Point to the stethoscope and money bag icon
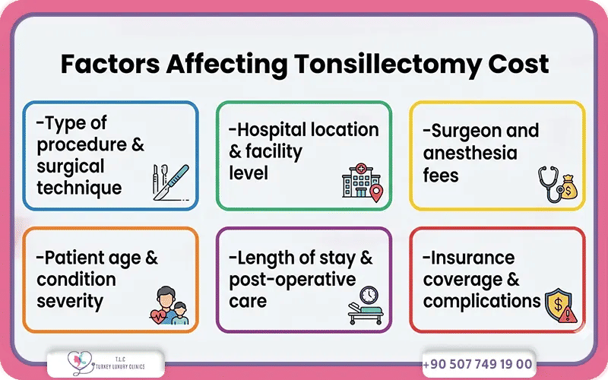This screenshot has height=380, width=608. coord(556,185)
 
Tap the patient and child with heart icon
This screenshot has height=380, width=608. coord(168,306)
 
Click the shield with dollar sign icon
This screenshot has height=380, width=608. coord(559,306)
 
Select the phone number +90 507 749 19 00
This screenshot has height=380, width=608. coord(477,364)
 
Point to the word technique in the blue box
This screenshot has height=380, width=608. coord(79,187)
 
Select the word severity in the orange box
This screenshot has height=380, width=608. coord(70,301)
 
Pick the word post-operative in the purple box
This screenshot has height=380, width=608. coord(293,280)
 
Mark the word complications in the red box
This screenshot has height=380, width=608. coord(482,301)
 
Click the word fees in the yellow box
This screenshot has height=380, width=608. coord(442,175)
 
